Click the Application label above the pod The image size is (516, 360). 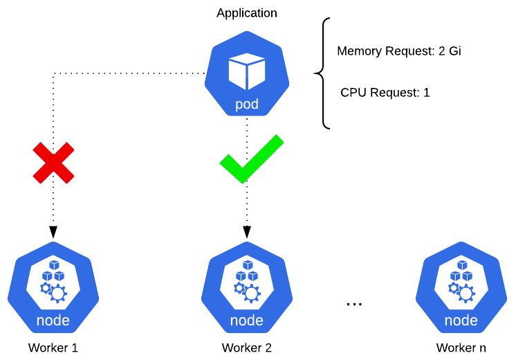tap(246, 13)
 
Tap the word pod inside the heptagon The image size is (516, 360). tap(246, 105)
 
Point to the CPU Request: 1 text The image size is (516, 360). tap(385, 93)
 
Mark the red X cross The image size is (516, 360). tap(54, 163)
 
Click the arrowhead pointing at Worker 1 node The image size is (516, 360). tap(53, 232)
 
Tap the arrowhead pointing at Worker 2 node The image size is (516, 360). tap(247, 232)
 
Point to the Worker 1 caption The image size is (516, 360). tap(53, 348)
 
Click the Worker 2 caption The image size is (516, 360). tap(247, 348)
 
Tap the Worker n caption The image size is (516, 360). tap(461, 348)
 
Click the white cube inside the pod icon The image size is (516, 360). tap(246, 71)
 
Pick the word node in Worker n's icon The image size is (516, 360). tap(461, 321)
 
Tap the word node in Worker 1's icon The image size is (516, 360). tap(53, 321)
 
